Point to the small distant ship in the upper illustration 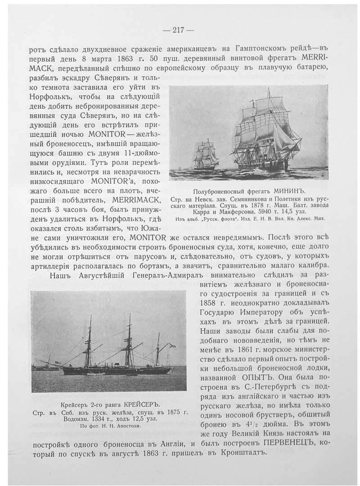click(x=206, y=155)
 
